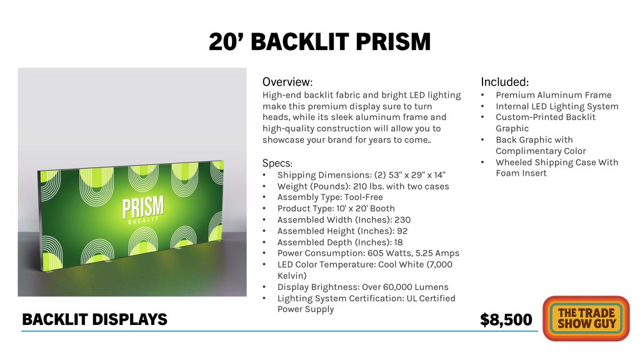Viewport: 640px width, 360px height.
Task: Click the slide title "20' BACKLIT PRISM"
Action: (x=319, y=42)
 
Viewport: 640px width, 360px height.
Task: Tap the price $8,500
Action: (x=506, y=319)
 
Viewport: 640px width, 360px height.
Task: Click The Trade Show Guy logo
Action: (x=586, y=318)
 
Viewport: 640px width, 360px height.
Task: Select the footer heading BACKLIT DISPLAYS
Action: (x=95, y=319)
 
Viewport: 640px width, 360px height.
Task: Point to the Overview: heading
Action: (x=287, y=82)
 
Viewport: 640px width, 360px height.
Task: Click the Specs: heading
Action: (x=277, y=163)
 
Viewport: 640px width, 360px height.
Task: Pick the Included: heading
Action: (x=504, y=82)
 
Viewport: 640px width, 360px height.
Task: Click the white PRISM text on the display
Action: (x=143, y=207)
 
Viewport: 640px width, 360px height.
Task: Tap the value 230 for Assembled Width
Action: (x=402, y=219)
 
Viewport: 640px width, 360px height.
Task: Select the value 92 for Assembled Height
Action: (x=402, y=231)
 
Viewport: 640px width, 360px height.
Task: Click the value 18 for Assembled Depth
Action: (x=398, y=242)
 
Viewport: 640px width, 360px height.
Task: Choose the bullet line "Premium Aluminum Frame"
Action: (x=554, y=95)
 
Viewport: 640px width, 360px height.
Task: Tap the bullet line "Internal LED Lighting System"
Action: (x=557, y=106)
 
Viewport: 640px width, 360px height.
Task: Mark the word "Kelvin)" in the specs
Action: (x=292, y=276)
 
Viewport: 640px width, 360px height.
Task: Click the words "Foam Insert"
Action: (x=521, y=173)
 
